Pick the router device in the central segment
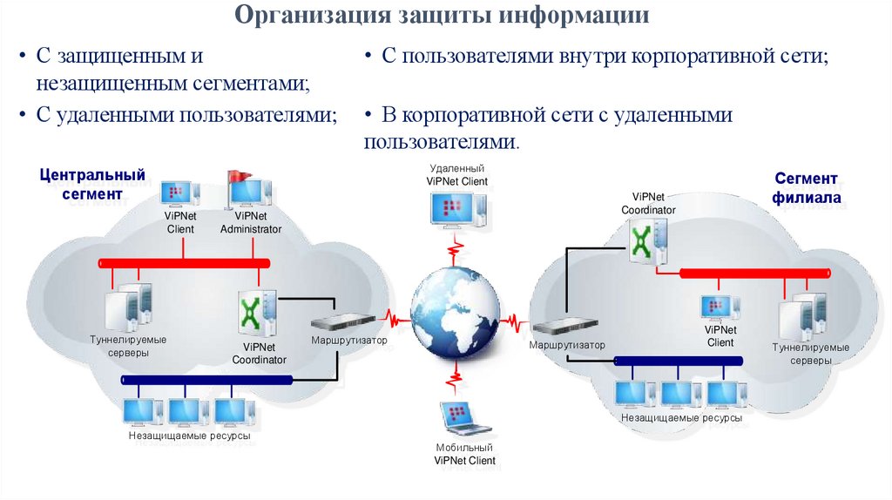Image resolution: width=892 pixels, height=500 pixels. pos(342,319)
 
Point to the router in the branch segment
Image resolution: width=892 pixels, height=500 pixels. pos(563,327)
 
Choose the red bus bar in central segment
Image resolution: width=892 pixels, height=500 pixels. pos(183,262)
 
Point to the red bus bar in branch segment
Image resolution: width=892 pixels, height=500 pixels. pos(755,274)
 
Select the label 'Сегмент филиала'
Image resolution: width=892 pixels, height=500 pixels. pos(807,188)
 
